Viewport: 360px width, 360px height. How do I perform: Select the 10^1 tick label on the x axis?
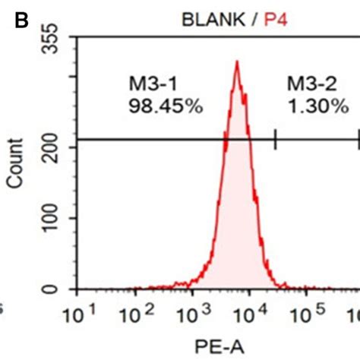click(83, 312)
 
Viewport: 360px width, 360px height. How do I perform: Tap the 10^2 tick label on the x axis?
click(140, 312)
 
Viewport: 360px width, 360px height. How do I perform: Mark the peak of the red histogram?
click(237, 63)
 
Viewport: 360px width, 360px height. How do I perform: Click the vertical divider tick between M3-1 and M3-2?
click(275, 139)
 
